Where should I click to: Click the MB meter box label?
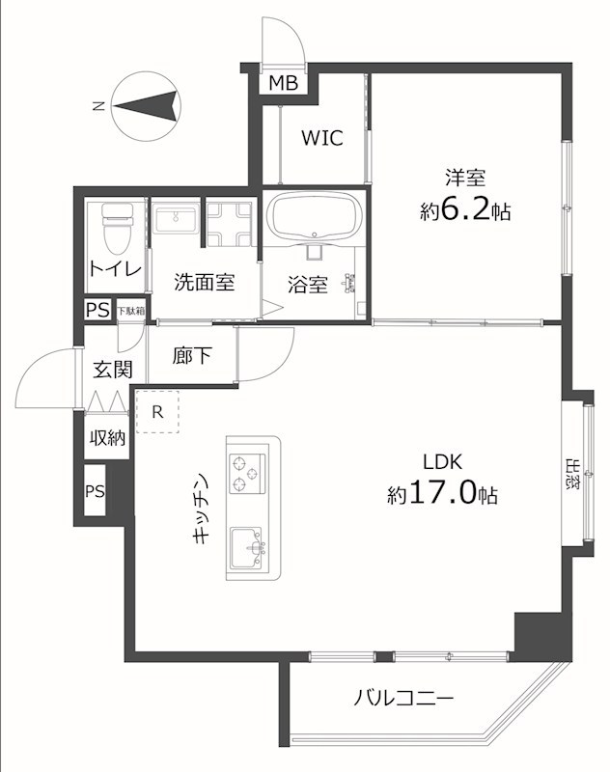[x=283, y=83]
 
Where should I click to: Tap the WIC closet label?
[x=320, y=138]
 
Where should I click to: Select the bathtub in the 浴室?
[x=314, y=218]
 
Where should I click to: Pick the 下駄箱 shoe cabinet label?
[x=130, y=311]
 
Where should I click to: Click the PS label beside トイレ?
[x=97, y=311]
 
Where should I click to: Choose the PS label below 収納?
[x=95, y=491]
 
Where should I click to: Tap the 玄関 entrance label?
[x=107, y=369]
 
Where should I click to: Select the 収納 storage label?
[x=107, y=437]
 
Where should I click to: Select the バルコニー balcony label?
[x=403, y=698]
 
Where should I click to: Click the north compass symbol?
[x=146, y=105]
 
